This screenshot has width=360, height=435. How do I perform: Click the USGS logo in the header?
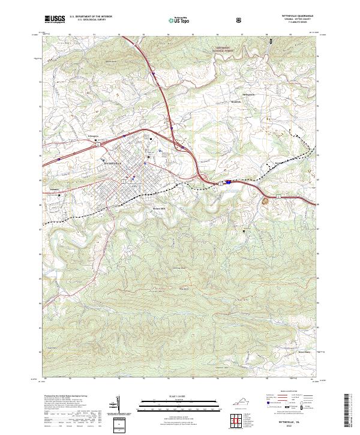click(x=55, y=19)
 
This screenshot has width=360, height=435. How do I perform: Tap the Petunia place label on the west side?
click(x=47, y=188)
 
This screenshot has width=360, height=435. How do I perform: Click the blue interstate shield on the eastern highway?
click(x=228, y=182)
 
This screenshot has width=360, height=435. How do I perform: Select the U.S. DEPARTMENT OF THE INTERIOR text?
click(x=90, y=17)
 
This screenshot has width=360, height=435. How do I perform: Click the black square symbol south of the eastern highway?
click(x=244, y=230)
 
